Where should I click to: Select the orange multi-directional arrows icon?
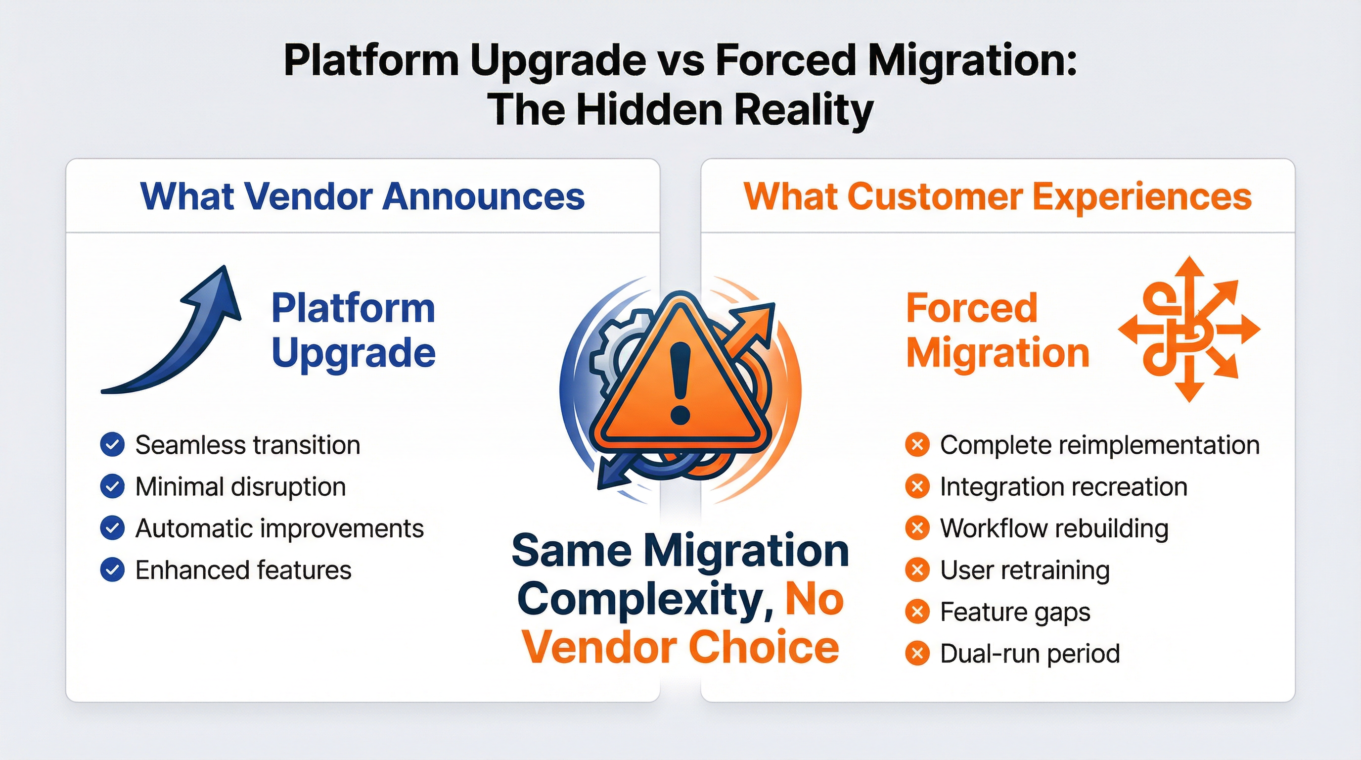pyautogui.click(x=1189, y=330)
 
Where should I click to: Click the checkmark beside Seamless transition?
pyautogui.click(x=112, y=445)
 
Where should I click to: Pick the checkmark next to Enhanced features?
pyautogui.click(x=112, y=570)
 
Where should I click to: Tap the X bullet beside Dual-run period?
pyautogui.click(x=917, y=654)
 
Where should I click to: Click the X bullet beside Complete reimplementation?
pyautogui.click(x=917, y=445)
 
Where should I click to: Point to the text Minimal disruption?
pyautogui.click(x=240, y=487)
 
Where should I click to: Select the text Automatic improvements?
pyautogui.click(x=279, y=528)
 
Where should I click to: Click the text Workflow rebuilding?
pyautogui.click(x=1054, y=528)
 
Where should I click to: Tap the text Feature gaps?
pyautogui.click(x=1015, y=612)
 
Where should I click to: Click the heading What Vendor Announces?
pyautogui.click(x=363, y=196)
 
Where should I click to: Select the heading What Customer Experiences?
pyautogui.click(x=998, y=196)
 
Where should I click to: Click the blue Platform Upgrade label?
pyautogui.click(x=353, y=331)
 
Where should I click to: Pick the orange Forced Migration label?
pyautogui.click(x=998, y=331)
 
